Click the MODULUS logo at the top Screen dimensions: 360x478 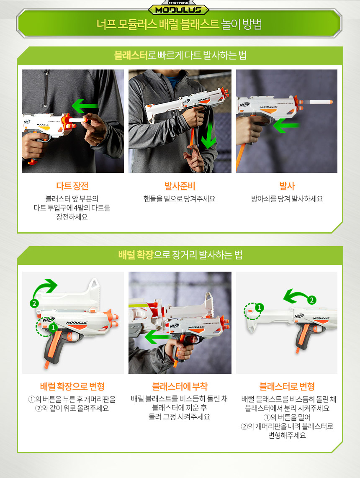(179, 10)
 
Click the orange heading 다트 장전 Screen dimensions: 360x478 (72, 186)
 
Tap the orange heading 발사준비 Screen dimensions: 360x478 (180, 186)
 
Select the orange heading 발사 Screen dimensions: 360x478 (287, 186)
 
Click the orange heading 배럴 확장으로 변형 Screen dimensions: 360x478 (72, 387)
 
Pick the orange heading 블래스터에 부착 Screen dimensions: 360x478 (180, 387)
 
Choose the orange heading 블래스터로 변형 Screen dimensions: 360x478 (287, 387)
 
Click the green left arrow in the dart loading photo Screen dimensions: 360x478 (85, 106)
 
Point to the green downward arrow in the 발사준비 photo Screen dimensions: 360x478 (208, 134)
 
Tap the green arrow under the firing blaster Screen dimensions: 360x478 (286, 126)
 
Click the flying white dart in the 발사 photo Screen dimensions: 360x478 (318, 102)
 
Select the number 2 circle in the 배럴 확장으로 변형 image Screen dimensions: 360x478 (34, 303)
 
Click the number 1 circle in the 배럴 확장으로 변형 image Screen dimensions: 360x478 (53, 328)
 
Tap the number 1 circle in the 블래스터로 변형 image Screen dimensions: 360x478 (260, 307)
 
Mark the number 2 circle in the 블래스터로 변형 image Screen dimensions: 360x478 (311, 300)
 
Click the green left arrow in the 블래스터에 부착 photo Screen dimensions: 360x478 (157, 337)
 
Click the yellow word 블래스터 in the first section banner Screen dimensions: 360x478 (131, 55)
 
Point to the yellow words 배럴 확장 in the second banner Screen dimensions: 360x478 (136, 254)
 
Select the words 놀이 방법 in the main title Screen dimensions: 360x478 (242, 24)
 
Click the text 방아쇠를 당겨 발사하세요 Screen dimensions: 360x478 (287, 199)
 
